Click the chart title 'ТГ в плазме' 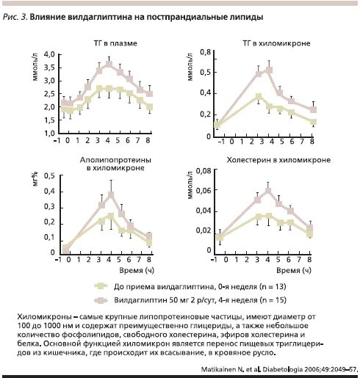115,43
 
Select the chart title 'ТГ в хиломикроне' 276,43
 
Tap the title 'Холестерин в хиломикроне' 278,160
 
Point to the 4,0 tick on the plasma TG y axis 50,54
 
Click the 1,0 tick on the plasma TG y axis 50,133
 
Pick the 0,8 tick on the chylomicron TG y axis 205,52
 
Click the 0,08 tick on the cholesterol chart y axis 204,171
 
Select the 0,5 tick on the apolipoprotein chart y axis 50,175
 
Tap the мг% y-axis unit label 35,179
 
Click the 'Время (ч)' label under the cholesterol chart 294,270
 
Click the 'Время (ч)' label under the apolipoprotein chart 137,270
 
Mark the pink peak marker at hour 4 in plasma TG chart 109,65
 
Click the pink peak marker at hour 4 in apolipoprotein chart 111,195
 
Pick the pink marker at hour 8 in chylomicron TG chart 313,109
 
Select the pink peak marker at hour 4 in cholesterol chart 268,190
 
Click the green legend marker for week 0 101,286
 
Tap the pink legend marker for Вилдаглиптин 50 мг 101,300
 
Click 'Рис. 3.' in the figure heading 15,18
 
